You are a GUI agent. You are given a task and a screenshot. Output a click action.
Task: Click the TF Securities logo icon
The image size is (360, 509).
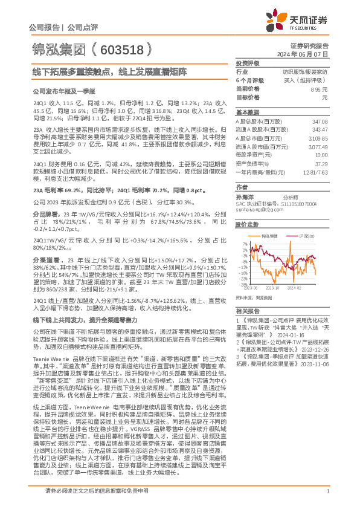(x=277, y=20)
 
